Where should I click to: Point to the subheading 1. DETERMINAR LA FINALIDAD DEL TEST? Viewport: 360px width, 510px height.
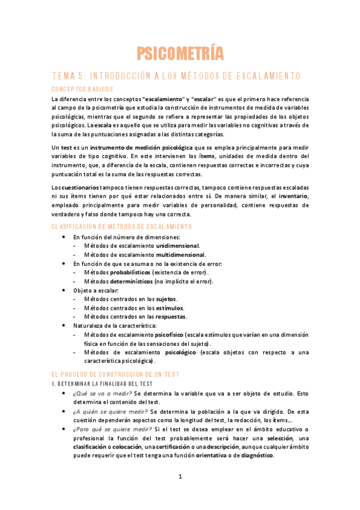tap(103, 384)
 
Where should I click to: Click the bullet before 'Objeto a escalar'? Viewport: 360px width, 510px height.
tap(64, 290)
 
